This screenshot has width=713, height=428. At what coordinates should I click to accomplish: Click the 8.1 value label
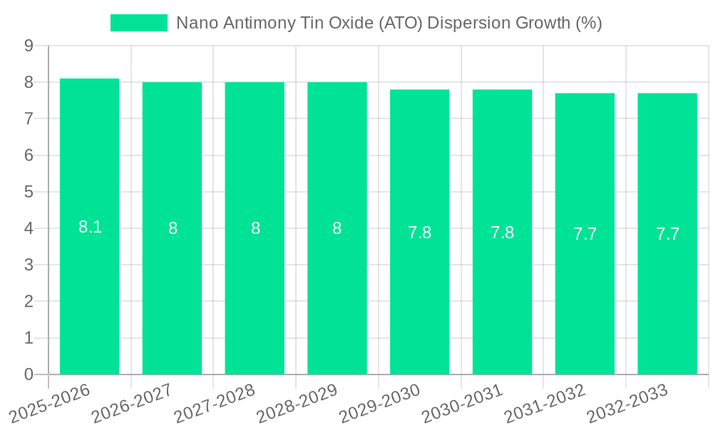point(90,228)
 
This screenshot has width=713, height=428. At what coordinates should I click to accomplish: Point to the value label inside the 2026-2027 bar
point(173,229)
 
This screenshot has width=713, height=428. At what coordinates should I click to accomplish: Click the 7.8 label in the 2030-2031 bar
point(502,233)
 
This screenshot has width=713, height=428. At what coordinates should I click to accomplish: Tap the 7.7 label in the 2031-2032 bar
point(585,234)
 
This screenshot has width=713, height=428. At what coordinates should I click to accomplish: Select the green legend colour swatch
point(139,23)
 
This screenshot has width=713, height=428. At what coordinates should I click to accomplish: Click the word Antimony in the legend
point(255,23)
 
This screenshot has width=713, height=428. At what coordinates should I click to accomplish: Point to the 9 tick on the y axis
point(29,46)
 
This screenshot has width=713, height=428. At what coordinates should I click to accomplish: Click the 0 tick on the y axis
point(29,374)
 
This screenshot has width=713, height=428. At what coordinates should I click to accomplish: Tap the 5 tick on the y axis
point(29,192)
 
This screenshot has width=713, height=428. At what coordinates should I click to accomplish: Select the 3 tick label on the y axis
point(29,265)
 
